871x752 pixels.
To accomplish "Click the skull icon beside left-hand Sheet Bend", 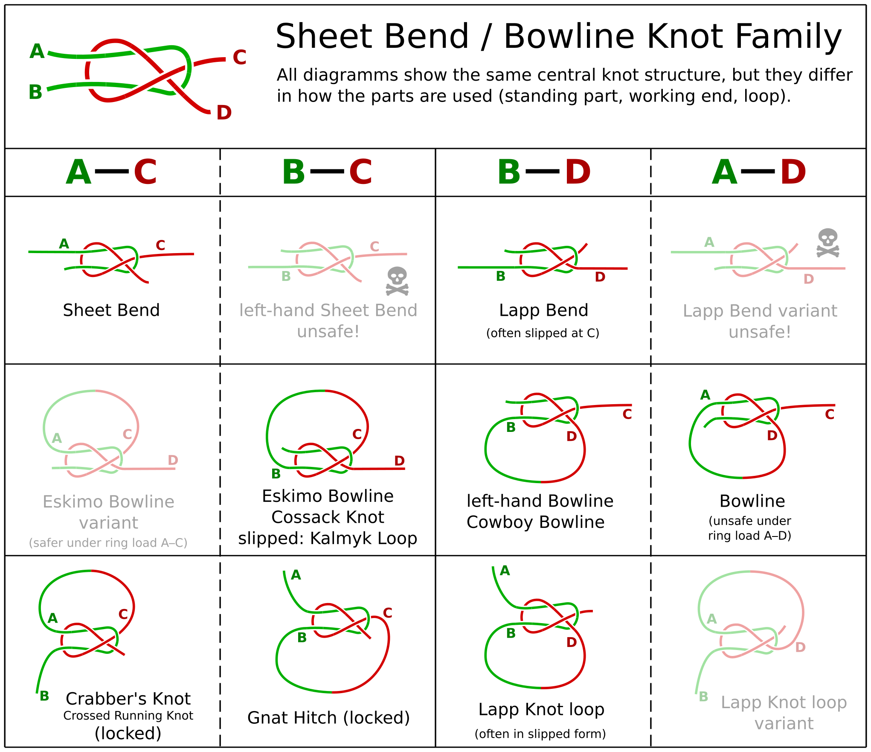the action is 397,281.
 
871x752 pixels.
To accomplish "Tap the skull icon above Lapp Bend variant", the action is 828,243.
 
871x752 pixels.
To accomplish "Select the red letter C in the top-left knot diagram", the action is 239,57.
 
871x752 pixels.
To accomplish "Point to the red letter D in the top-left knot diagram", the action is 224,113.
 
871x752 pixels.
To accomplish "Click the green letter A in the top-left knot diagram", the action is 37,51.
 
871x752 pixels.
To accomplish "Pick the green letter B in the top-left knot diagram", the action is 35,92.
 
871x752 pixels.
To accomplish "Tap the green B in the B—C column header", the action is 293,172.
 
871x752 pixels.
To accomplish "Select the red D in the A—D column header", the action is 793,172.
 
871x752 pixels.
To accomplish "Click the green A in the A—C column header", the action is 79,172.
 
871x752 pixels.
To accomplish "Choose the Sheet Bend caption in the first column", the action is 111,310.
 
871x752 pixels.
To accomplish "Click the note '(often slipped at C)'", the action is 543,333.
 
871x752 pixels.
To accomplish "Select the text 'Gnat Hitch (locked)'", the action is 328,718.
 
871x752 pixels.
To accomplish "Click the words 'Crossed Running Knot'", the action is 128,715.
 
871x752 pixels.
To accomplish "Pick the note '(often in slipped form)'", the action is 540,734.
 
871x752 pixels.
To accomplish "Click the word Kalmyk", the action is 335,539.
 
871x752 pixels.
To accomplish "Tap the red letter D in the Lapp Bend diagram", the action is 600,277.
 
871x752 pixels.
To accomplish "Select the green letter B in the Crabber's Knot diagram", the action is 44,696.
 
